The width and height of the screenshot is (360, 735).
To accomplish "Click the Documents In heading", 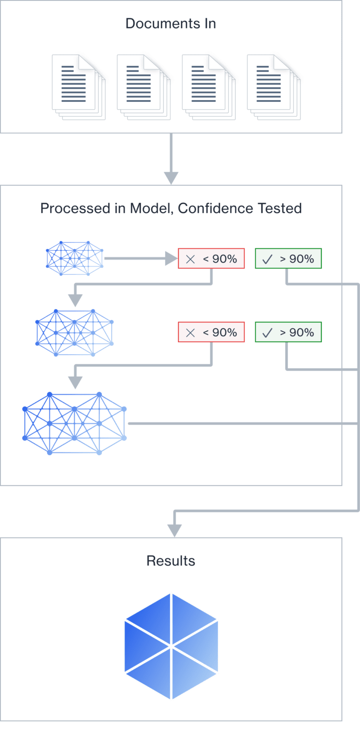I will [170, 23].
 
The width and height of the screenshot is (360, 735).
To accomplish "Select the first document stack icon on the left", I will [78, 87].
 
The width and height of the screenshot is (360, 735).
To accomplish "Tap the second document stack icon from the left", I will [143, 87].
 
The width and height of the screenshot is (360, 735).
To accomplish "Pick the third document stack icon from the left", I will [208, 87].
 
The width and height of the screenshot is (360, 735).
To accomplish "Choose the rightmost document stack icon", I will [273, 87].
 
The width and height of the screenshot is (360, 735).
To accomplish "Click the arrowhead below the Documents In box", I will [171, 178].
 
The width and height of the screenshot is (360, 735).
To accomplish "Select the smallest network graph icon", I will [75, 259].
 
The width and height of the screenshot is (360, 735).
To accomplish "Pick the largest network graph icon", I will [75, 423].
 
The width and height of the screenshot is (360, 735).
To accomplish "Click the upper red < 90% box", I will [211, 259].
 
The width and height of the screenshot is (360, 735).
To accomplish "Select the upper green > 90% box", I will [288, 259].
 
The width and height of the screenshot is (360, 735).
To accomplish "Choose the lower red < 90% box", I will [211, 332].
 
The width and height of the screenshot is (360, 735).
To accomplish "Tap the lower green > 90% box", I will [288, 332].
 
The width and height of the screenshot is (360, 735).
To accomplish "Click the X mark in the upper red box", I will [190, 259].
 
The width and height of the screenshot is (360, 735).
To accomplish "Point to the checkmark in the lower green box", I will [267, 333].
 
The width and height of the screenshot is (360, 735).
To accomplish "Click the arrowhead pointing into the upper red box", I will [171, 259].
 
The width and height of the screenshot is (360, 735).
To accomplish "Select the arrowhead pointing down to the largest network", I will [75, 383].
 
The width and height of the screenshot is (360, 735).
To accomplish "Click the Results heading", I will [171, 561].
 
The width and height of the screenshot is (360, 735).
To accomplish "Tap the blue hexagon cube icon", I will [171, 646].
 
